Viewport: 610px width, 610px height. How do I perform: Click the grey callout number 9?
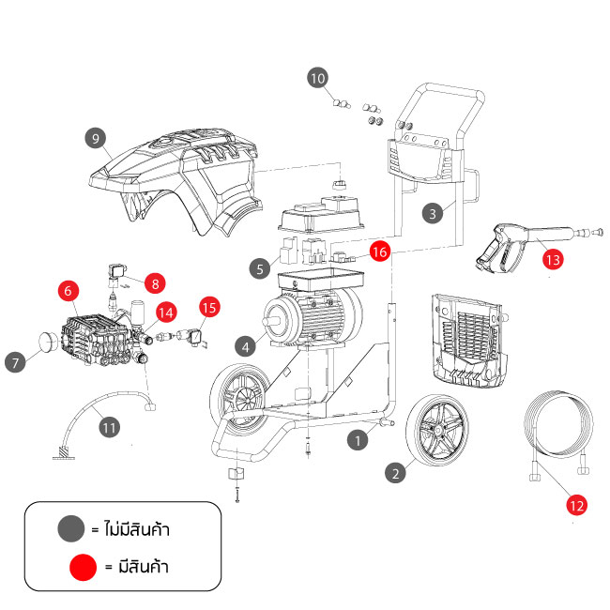point(93,138)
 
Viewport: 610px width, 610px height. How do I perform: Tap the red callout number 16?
point(379,252)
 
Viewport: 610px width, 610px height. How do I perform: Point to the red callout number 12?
point(576,505)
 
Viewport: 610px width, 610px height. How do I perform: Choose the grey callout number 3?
point(432,214)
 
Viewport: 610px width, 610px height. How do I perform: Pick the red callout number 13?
point(553,260)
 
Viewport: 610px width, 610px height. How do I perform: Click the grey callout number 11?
point(110,427)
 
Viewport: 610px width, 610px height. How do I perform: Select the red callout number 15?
point(208,307)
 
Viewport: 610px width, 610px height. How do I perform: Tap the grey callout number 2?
point(397,474)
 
